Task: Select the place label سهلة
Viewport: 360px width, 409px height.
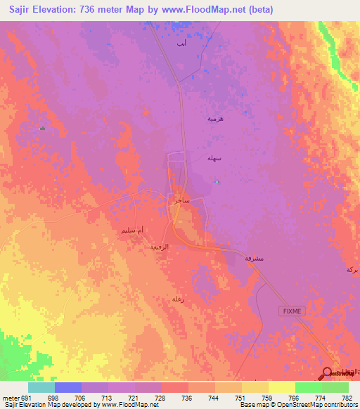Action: [x=214, y=159]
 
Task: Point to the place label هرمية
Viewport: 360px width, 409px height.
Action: [x=214, y=119]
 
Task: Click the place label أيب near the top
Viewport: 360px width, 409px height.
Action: [x=181, y=44]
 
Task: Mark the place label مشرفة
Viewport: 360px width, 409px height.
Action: [x=253, y=259]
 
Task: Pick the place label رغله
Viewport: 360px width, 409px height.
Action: [x=178, y=299]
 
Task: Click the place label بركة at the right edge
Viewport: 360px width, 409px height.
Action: [x=352, y=269]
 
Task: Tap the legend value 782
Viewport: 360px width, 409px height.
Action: [x=348, y=397]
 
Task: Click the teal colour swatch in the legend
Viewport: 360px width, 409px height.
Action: [x=41, y=387]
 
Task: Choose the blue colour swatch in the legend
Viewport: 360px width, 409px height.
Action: [x=68, y=387]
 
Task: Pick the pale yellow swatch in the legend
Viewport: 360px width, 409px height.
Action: [x=282, y=387]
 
